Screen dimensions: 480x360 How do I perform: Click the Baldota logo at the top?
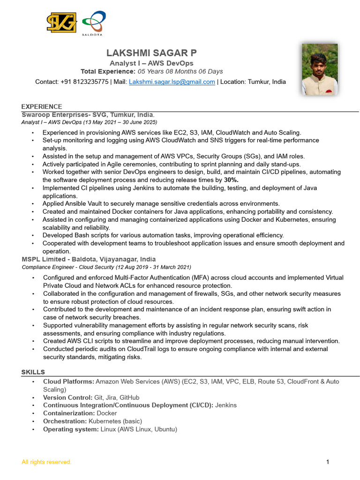coord(93,23)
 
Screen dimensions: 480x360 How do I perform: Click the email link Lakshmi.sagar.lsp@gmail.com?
coord(172,82)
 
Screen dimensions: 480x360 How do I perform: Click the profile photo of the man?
coord(320,69)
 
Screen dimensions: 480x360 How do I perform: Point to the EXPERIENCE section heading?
coord(42,107)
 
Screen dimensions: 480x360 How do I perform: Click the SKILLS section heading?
coord(33,372)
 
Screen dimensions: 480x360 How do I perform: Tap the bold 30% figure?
coord(231,180)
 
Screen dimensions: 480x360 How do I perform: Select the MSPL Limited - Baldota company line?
coord(89,259)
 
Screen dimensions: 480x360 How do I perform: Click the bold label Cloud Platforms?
coord(68,382)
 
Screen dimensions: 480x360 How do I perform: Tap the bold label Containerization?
coord(69,413)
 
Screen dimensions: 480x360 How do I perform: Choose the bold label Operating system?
coord(71,429)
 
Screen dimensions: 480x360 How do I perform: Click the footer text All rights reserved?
coord(46,462)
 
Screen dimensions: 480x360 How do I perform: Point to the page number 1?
coord(328,462)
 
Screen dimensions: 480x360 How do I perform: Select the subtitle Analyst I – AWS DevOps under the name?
coord(151,63)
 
